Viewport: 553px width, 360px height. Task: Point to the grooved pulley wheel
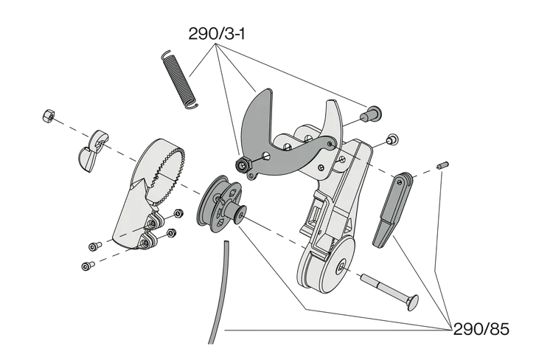coord(219,200)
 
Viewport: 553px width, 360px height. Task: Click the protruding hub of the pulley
coord(240,215)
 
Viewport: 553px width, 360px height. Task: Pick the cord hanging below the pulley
coord(215,295)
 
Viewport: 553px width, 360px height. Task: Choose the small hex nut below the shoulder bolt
coord(393,138)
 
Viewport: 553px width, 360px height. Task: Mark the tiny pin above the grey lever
coord(442,166)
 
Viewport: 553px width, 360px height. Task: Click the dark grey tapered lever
coord(389,210)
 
